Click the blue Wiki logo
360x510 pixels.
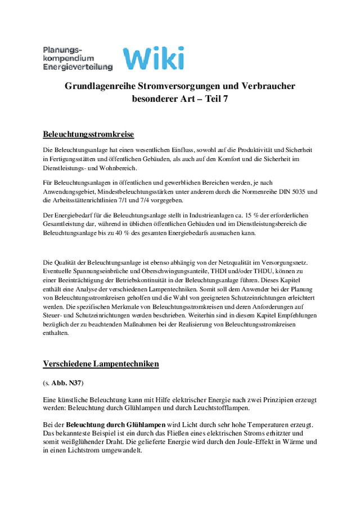click(x=153, y=59)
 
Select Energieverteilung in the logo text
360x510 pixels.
click(x=78, y=67)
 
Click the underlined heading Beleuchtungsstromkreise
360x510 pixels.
click(x=88, y=135)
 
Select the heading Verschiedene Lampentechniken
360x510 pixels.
click(x=101, y=364)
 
